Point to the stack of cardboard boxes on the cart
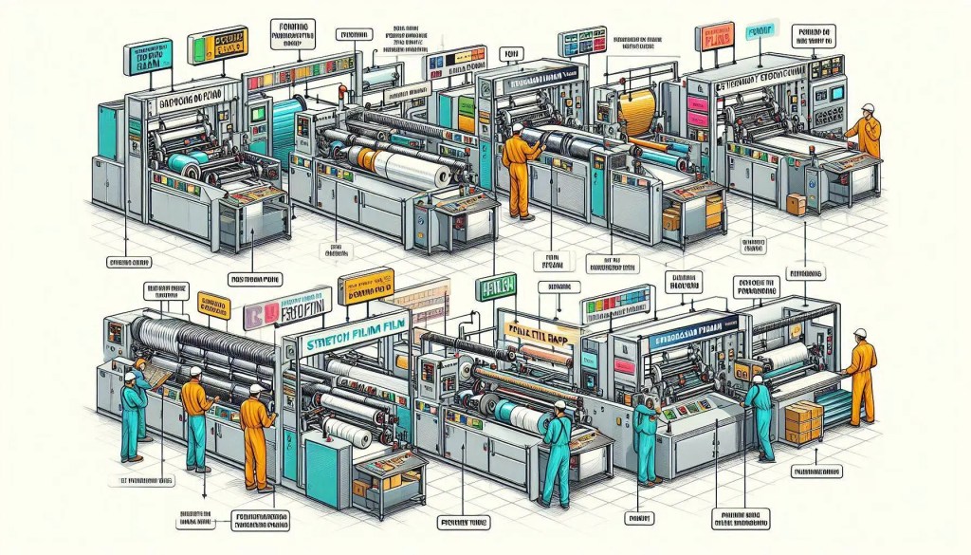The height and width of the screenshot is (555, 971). (803, 421)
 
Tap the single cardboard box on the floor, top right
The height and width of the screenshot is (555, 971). (795, 203)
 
